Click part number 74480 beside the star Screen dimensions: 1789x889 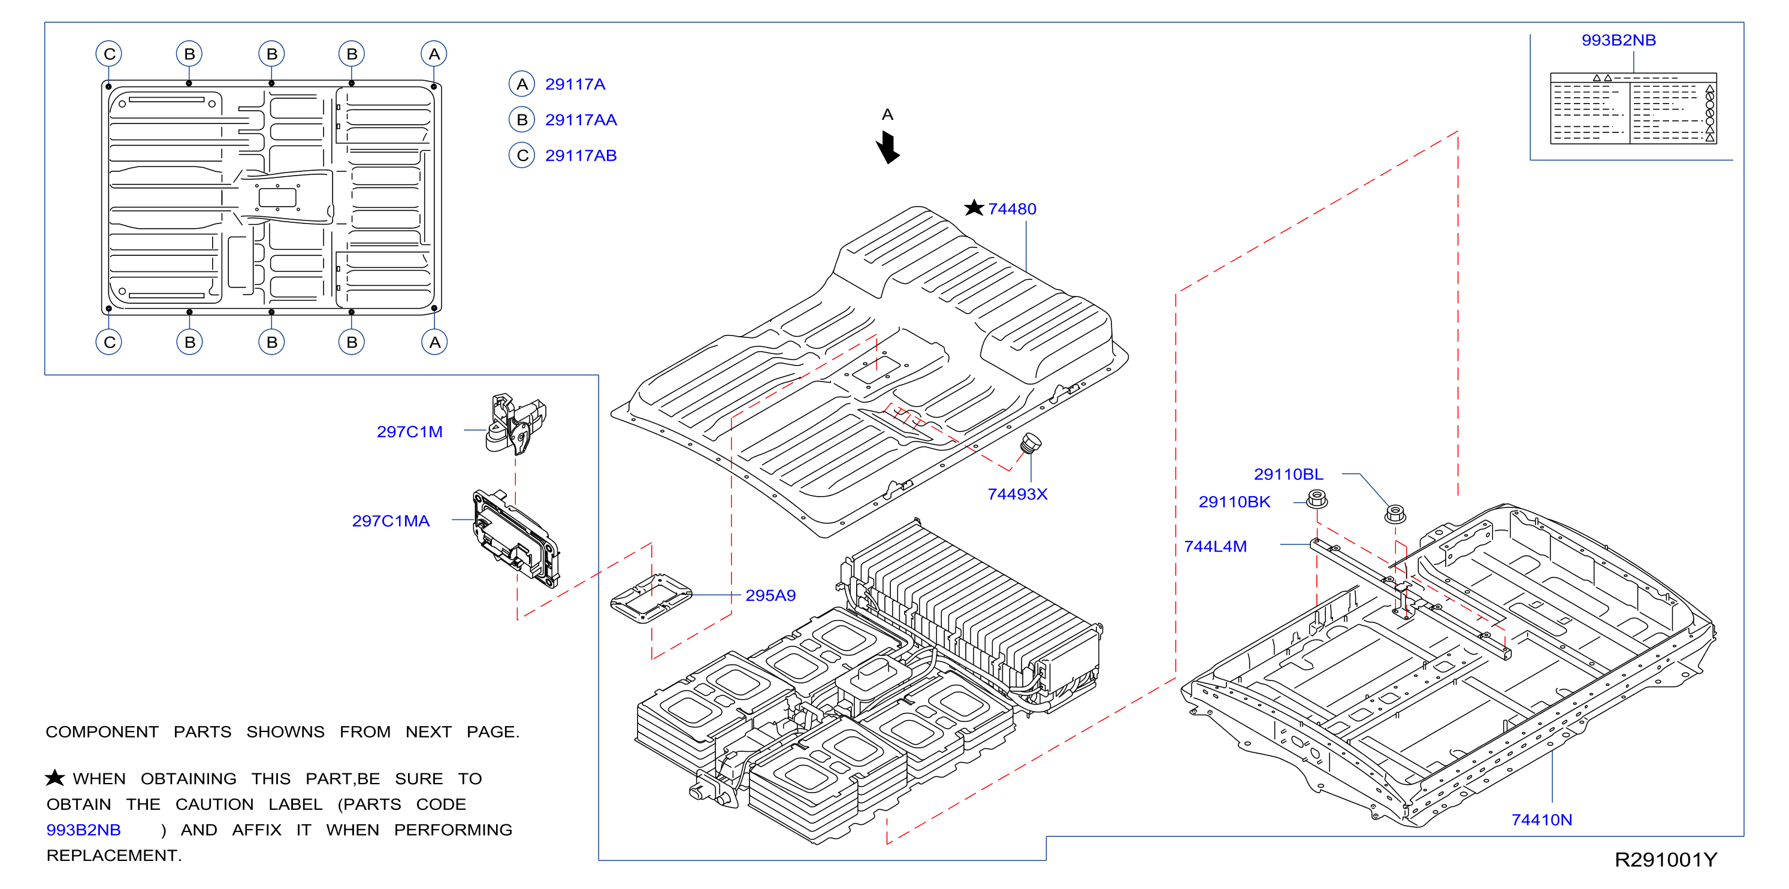1012,209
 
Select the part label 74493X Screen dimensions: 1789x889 1017,494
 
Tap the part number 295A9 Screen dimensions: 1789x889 770,595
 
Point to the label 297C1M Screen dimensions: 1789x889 410,432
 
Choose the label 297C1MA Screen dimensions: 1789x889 391,521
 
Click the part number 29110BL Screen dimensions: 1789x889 1288,474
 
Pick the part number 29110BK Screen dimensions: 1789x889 1234,501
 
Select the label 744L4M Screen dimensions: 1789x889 1216,546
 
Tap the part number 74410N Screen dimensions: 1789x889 1542,820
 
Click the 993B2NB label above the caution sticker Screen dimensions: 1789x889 1619,40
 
